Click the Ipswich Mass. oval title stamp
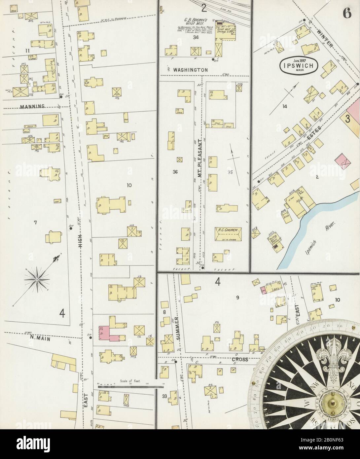click(300, 65)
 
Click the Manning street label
click(32, 107)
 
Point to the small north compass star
click(37, 279)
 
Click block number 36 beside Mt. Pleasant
click(175, 172)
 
